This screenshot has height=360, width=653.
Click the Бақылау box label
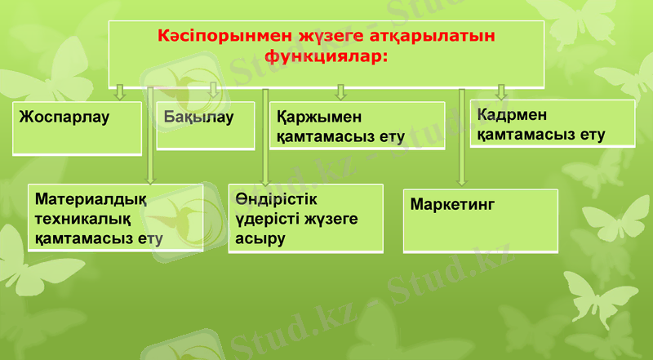(198, 117)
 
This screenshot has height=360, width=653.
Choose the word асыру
(260, 239)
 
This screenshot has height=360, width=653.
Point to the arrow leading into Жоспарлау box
(120, 91)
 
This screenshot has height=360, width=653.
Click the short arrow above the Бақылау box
(213, 90)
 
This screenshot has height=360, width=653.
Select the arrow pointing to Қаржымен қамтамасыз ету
(341, 91)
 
